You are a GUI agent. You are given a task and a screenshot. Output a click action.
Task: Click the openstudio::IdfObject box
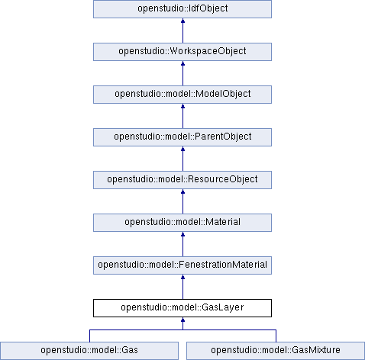coord(182,9)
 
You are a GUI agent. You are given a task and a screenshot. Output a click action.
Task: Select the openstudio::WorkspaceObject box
coord(182,52)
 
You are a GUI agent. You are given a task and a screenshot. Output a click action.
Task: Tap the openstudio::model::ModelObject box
coord(182,95)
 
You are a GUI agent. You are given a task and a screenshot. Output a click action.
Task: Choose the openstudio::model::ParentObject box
coord(182,137)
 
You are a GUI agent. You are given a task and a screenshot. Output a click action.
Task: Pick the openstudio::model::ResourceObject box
coord(182,180)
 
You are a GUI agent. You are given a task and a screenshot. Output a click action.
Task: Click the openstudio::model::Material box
coord(182,223)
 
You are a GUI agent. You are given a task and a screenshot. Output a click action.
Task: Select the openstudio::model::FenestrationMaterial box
coord(182,265)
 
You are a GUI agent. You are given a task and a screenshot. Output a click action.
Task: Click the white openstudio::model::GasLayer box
coord(182,308)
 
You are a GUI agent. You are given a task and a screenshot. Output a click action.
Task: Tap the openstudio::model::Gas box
coord(89,351)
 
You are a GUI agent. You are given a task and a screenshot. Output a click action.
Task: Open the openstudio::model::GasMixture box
coord(276,351)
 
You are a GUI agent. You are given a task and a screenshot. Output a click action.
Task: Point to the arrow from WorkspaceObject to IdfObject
coord(182,31)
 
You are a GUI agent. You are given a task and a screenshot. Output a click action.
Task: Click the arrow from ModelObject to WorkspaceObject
coord(182,73)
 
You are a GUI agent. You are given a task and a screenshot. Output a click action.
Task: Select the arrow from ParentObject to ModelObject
coord(182,116)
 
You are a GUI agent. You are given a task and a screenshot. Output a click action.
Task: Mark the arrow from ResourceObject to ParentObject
coord(182,159)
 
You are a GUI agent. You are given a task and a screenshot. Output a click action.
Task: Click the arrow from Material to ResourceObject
coord(182,201)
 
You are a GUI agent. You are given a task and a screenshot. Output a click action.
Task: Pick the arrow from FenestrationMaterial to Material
coord(182,244)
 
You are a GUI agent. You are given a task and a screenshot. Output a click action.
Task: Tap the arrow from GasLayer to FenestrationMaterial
coord(182,287)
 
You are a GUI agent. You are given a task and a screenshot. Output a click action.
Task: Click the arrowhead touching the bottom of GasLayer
coord(182,320)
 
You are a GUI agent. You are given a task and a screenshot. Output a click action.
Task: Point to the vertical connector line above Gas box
coord(89,336)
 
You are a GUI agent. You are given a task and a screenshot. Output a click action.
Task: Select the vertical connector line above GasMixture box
coord(276,336)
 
